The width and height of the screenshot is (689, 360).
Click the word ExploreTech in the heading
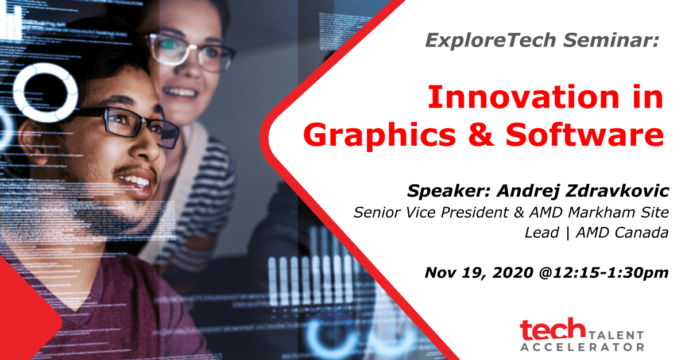[x=491, y=41]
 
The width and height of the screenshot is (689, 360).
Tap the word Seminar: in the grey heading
[x=611, y=40]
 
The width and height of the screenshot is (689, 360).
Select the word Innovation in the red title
[x=524, y=97]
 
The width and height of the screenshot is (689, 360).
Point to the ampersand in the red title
[x=481, y=134]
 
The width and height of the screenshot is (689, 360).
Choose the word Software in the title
[x=585, y=134]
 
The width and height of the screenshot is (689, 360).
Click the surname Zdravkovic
[x=618, y=191]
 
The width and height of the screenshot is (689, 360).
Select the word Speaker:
[x=449, y=191]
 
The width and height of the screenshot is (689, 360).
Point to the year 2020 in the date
[x=513, y=273]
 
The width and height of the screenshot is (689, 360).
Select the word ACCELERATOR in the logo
[x=582, y=347]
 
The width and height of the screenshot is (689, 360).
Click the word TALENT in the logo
[x=616, y=335]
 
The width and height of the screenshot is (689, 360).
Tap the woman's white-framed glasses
[x=191, y=52]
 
